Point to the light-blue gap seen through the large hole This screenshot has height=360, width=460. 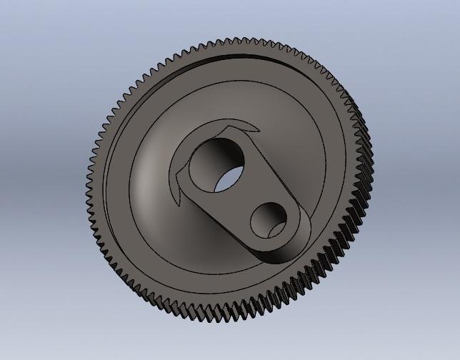pyautogui.click(x=226, y=179)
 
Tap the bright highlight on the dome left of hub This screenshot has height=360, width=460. pyautogui.click(x=146, y=179)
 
